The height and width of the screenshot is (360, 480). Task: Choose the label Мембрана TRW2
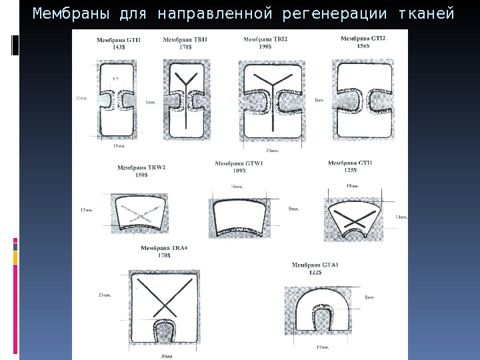pyautogui.click(x=141, y=168)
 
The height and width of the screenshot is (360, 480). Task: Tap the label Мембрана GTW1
pyautogui.click(x=240, y=163)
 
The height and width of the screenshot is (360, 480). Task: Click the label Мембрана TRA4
pyautogui.click(x=164, y=249)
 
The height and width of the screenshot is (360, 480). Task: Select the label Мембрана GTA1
pyautogui.click(x=315, y=265)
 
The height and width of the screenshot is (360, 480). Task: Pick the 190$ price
pyautogui.click(x=266, y=47)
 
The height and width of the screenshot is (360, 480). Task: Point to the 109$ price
pyautogui.click(x=240, y=171)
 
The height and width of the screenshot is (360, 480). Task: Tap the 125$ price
pyautogui.click(x=351, y=170)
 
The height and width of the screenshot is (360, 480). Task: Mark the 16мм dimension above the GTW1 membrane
pyautogui.click(x=237, y=186)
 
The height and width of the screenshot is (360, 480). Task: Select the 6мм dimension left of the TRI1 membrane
pyautogui.click(x=151, y=102)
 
